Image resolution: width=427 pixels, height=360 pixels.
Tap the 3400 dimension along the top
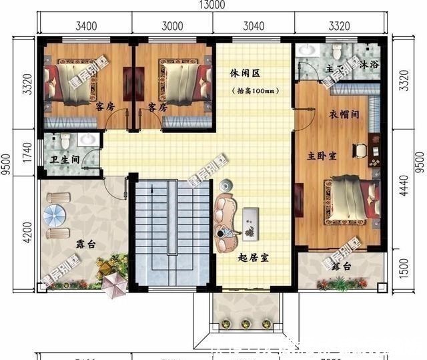pos(89,27)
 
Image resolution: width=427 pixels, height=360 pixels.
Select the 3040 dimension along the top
pos(254,27)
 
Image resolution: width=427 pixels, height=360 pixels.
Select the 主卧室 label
pos(322,155)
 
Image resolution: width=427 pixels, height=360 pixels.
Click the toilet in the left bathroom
pos(65,142)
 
